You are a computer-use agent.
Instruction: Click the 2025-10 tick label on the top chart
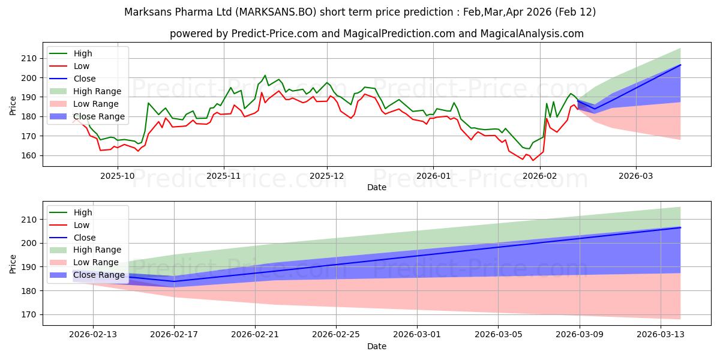[x=117, y=176]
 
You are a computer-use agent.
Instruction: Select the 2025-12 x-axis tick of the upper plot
[x=327, y=176]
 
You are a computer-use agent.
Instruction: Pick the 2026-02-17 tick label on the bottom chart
[x=174, y=335]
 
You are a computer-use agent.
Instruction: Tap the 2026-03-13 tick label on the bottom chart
[x=660, y=335]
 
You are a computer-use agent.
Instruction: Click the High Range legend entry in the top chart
[x=97, y=91]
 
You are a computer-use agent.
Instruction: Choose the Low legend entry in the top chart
[x=82, y=66]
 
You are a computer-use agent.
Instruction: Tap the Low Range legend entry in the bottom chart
[x=96, y=262]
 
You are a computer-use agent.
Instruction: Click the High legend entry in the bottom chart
[x=82, y=212]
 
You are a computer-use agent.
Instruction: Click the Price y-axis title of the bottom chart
[x=13, y=263]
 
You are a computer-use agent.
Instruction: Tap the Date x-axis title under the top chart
[x=376, y=187]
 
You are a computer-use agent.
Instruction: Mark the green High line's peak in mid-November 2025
[x=265, y=76]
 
